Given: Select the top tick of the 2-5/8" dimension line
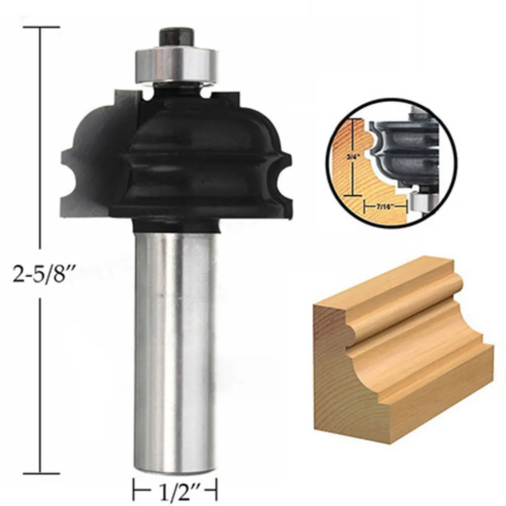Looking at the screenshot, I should tap(39, 27).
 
